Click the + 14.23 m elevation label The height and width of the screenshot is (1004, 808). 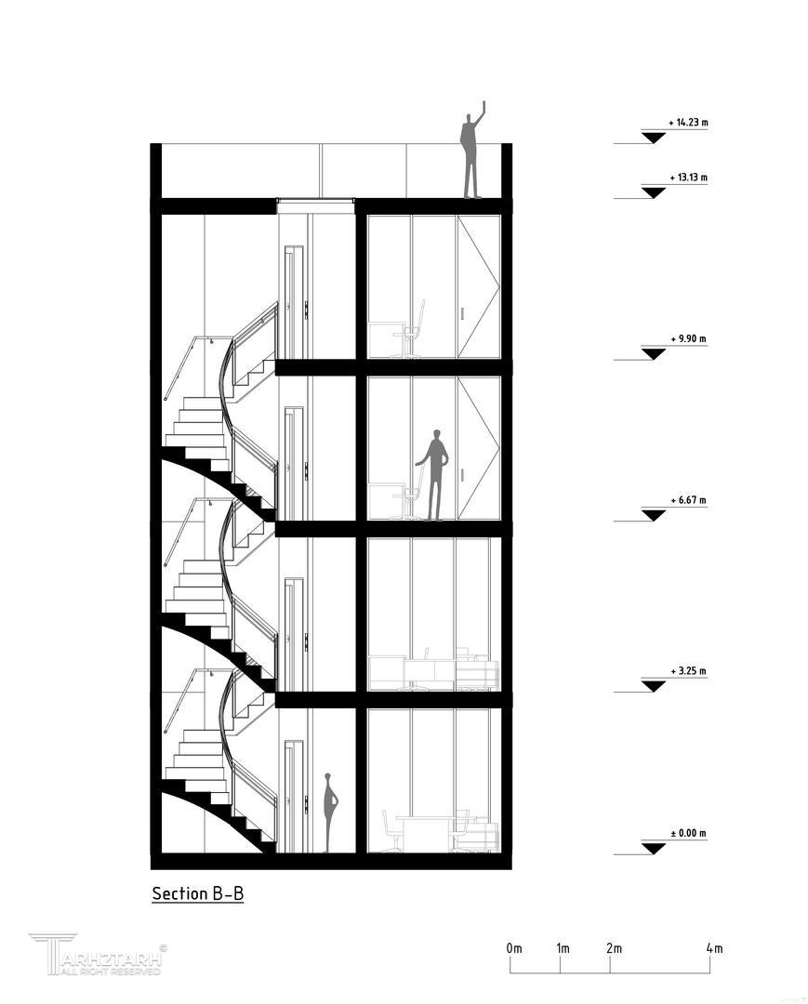688,123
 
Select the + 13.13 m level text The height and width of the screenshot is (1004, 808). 688,178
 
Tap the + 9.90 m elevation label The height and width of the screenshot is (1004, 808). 688,338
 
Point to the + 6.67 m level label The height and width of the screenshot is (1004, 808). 688,500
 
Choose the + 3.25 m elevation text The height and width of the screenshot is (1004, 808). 688,671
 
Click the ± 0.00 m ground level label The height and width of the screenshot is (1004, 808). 688,834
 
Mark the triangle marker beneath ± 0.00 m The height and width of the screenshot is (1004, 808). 654,849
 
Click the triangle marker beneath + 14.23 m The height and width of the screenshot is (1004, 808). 654,137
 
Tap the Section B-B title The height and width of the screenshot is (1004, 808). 198,893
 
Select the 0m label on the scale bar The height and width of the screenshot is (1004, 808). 514,948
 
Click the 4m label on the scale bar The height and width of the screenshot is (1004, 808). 714,948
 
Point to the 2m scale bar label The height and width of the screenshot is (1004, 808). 614,948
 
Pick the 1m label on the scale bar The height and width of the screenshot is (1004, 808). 563,948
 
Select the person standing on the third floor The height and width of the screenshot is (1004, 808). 435,475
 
